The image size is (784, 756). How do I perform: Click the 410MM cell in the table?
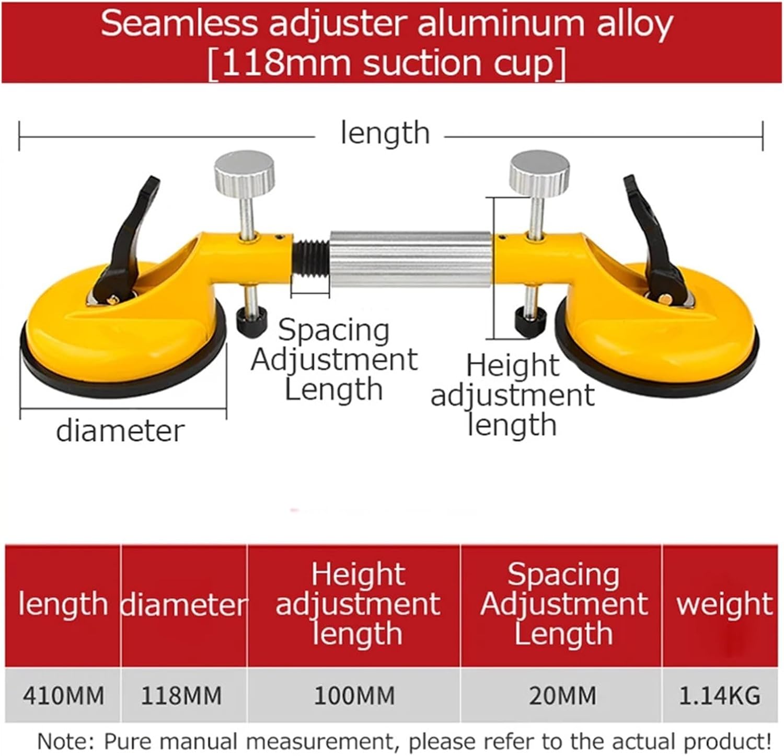(63, 696)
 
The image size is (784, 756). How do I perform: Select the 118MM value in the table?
(181, 696)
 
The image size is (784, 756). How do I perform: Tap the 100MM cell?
(354, 696)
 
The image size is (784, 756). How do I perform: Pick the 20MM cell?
(562, 696)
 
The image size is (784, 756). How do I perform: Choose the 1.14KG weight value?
(719, 696)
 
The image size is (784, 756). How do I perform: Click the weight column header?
(724, 604)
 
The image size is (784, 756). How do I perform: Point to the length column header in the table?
(63, 604)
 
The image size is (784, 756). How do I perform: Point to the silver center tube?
(410, 258)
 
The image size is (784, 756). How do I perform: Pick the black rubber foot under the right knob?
(530, 321)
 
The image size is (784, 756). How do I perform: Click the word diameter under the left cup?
(120, 431)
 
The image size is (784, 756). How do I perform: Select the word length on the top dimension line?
(385, 133)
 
